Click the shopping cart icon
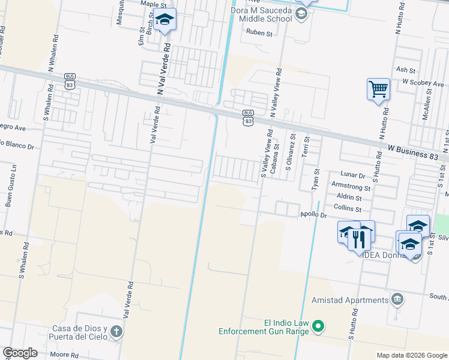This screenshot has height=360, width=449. coord(378,90)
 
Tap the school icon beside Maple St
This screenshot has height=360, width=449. coord(164,20)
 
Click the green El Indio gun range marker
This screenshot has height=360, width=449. coord(319,326)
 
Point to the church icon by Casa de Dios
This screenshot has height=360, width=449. coord(116,331)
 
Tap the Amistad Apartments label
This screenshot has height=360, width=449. coord(350,300)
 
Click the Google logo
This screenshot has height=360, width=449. coord(20,353)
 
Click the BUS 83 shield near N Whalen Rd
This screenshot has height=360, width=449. coord(71,81)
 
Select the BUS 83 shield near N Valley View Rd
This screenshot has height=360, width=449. coord(247,117)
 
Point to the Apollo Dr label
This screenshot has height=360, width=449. coord(315,214)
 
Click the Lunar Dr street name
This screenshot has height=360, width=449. coord(352,176)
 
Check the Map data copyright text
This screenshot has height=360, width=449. coord(412,355)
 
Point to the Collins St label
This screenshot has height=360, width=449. coord(348,209)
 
